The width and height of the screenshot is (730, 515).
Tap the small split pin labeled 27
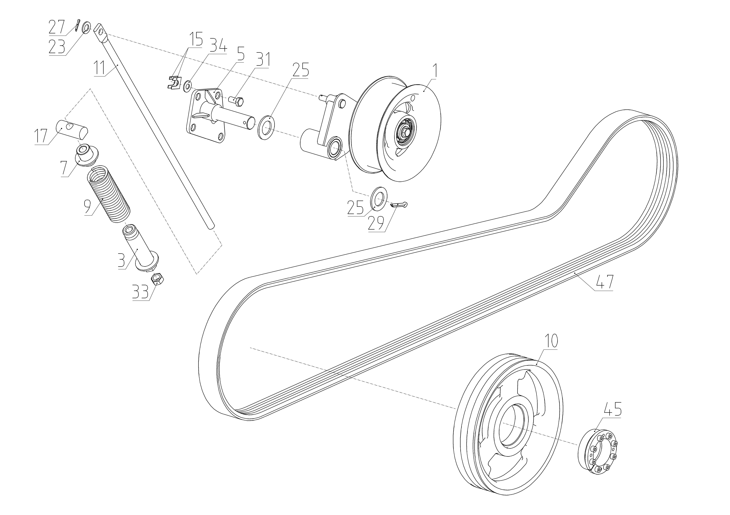tap(77, 26)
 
